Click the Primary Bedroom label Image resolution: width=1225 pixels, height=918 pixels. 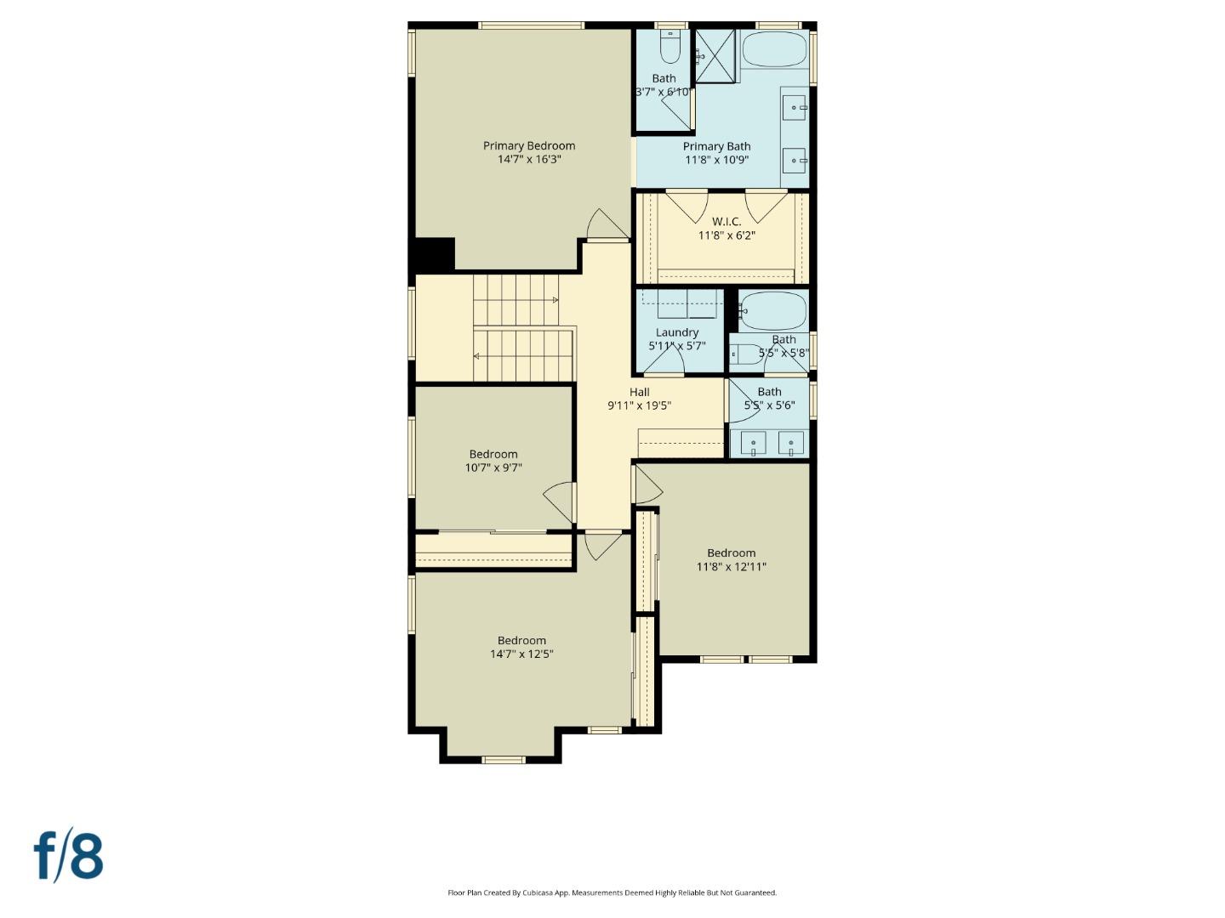pos(529,146)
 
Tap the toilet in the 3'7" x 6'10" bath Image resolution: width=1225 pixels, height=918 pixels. pos(670,49)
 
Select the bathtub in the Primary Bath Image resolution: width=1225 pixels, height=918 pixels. pos(773,49)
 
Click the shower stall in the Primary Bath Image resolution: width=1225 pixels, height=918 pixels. pos(715,56)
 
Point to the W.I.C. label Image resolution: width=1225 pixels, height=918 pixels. pos(726,222)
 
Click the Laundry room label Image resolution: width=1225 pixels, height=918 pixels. pos(677,332)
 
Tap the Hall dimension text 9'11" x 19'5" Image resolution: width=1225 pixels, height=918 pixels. pos(639,406)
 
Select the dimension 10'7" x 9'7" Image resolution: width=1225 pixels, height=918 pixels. pos(493,467)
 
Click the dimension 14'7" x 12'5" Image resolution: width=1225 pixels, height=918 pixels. pos(521,654)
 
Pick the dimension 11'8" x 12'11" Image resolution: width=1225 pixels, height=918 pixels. pos(731,567)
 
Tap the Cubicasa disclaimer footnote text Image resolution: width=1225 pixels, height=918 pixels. pos(612,892)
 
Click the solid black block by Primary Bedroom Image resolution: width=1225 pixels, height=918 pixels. pos(434,254)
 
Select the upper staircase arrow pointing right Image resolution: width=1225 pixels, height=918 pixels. pos(555,300)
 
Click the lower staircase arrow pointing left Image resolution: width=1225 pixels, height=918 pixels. pos(477,356)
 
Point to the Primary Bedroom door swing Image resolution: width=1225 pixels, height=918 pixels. pos(606,225)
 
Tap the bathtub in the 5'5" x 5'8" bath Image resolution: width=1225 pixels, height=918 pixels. pos(772,311)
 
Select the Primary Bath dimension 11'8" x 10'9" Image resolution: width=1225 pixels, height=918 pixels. pos(716,160)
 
